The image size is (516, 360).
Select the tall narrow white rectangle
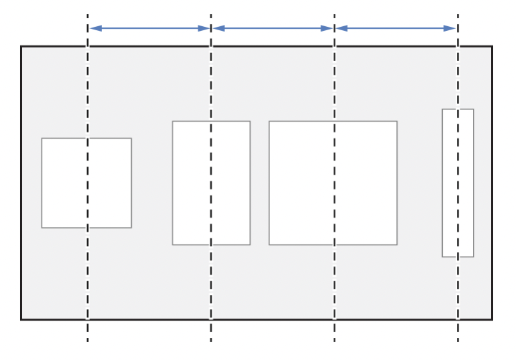(x=458, y=183)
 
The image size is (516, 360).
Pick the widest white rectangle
(x=333, y=183)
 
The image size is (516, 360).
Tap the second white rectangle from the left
(x=211, y=183)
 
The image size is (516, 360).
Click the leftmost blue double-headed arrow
(x=149, y=28)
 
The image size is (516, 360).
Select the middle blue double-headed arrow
(x=272, y=28)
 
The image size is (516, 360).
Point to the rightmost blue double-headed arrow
(x=396, y=28)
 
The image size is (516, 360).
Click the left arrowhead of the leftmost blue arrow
(x=93, y=28)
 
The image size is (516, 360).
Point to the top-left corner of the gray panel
(x=21, y=46)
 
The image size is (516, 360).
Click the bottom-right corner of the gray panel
(x=492, y=319)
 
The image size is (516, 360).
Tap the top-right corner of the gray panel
(x=492, y=46)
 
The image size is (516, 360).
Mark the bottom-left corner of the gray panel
(x=21, y=319)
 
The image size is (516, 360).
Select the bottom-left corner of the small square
(x=42, y=228)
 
